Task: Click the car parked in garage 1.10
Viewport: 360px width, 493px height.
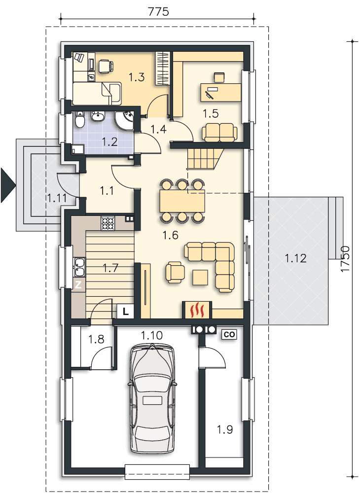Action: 152,399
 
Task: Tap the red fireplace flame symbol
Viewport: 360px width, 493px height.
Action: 197,310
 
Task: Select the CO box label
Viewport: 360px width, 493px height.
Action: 229,335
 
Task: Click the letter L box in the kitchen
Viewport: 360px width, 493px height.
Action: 125,312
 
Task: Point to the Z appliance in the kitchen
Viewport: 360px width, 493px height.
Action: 78,285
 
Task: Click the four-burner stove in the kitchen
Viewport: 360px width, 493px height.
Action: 108,223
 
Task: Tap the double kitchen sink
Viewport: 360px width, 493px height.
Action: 79,267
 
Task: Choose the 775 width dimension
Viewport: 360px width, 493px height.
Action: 158,12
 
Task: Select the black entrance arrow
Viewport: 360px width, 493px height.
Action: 8,185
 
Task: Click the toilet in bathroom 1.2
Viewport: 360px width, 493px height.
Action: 80,119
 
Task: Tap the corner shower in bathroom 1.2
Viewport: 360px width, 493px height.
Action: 124,121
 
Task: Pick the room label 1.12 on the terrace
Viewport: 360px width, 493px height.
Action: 295,258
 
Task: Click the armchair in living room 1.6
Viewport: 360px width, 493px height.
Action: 175,272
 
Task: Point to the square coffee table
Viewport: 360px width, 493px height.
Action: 200,278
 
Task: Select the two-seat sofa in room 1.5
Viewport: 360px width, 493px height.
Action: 219,132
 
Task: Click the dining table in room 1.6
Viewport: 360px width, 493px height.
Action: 182,201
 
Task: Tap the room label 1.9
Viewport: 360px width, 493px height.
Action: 225,429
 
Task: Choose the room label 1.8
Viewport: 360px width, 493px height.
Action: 96,339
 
